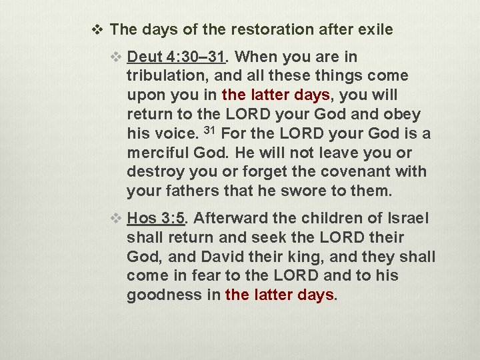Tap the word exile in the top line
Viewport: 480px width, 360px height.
[x=374, y=29]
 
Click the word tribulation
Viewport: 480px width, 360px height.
[x=165, y=76]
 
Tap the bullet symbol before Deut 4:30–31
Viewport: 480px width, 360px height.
[x=117, y=57]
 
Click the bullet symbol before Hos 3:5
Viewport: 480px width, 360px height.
[x=117, y=218]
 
